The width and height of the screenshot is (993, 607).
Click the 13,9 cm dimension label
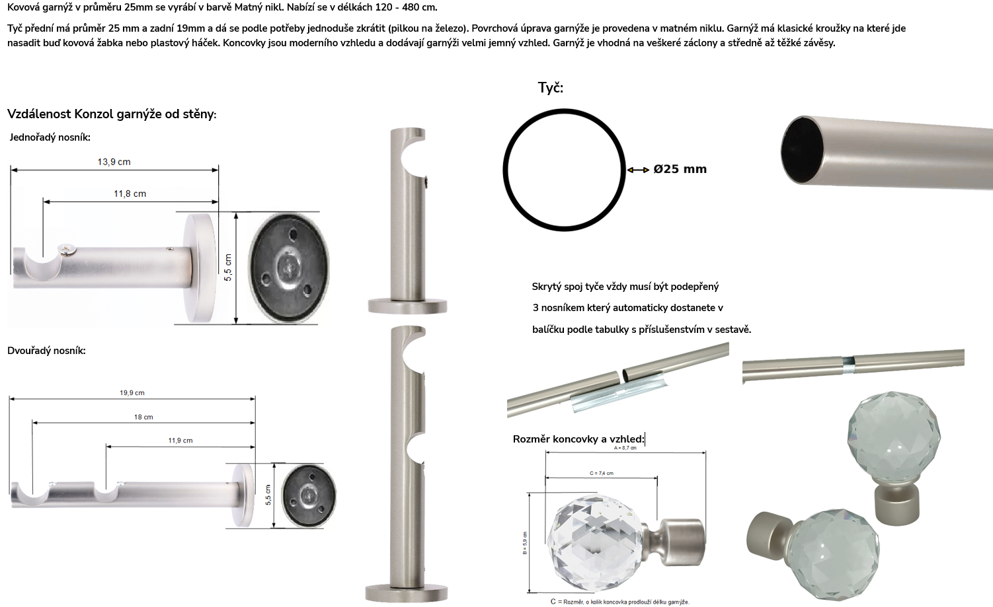coord(114,162)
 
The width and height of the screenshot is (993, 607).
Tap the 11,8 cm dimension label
coord(130,194)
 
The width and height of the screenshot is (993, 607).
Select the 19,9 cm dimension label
coord(132,393)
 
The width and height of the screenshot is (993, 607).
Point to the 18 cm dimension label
coord(143,417)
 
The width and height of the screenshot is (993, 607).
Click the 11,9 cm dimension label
coord(180,441)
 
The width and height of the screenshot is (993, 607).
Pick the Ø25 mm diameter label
coord(680,169)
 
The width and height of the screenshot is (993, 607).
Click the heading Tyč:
coord(551,88)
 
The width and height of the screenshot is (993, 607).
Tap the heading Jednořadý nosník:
coord(50,137)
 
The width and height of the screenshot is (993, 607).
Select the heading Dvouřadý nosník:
coord(46,351)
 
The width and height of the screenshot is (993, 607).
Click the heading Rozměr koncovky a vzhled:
coord(578,439)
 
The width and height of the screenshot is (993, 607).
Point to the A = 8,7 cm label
coord(625,448)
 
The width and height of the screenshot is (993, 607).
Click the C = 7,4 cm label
coord(602,474)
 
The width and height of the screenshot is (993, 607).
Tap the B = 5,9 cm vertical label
coord(525,543)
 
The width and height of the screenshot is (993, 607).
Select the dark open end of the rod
coord(801,151)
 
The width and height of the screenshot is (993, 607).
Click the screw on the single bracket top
coord(67,250)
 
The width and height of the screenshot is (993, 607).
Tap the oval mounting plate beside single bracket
coord(289,269)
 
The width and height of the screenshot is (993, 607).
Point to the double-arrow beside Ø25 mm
coord(639,170)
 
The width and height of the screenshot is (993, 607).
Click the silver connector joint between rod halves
coord(848,363)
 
